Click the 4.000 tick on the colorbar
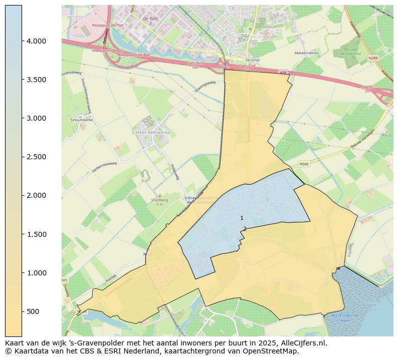coord(36,41)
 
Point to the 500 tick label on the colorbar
coord(33,311)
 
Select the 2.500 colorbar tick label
coord(36,157)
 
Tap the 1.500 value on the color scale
coord(36,234)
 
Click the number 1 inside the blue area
coord(242,218)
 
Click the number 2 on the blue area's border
coord(245,229)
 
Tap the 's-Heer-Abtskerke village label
coord(151,132)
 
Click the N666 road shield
coord(304,164)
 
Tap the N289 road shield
coord(373,58)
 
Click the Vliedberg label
coord(159,199)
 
